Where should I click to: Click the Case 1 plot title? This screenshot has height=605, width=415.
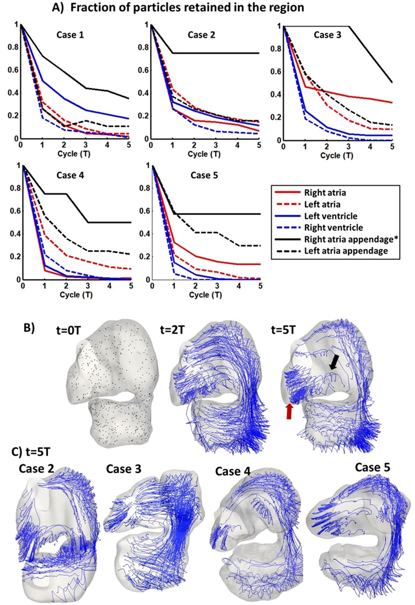point(70,35)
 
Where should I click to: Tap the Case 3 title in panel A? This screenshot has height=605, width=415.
point(327,35)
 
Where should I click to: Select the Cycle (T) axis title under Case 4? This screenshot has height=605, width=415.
point(76,294)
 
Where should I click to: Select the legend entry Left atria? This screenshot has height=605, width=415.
point(322,205)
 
